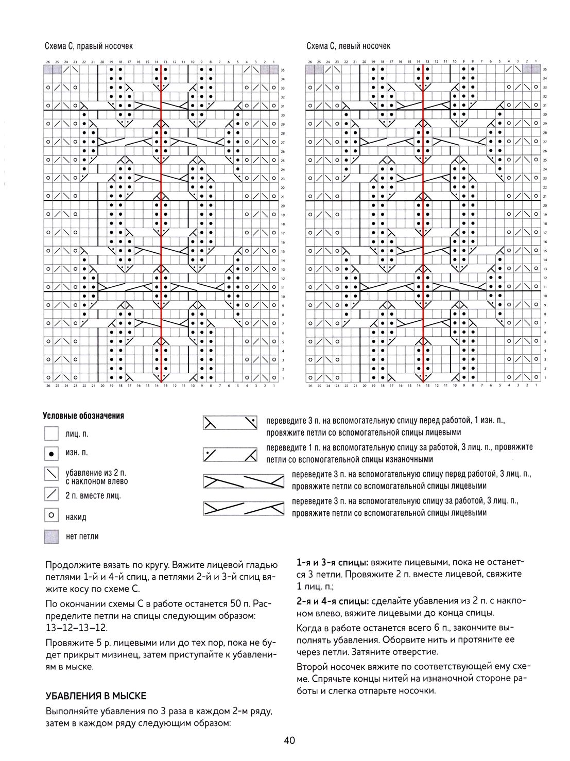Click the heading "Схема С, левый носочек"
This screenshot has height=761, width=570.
pos(349,46)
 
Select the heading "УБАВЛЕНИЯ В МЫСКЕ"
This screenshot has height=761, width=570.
pos(96,696)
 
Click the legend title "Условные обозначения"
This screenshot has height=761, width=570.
pos(83,416)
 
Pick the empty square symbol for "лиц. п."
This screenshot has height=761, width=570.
pos(51,434)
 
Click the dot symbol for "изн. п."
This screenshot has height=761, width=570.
pos(51,454)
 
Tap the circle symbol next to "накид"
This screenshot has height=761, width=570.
pos(51,515)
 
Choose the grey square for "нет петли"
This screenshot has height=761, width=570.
pos(51,537)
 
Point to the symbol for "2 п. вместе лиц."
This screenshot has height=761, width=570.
pos(51,495)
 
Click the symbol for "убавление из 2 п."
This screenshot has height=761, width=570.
pos(51,474)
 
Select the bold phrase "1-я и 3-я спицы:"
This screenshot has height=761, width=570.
pos(332,562)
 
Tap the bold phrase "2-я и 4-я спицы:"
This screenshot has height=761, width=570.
pos(332,600)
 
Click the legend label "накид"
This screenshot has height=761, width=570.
pos(76,517)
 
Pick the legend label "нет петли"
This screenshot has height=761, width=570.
pos(82,537)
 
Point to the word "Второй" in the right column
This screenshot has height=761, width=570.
pos(310,666)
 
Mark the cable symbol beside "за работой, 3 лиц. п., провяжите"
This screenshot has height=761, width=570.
pos(230,455)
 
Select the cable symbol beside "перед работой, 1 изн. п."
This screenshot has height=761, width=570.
pos(230,423)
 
